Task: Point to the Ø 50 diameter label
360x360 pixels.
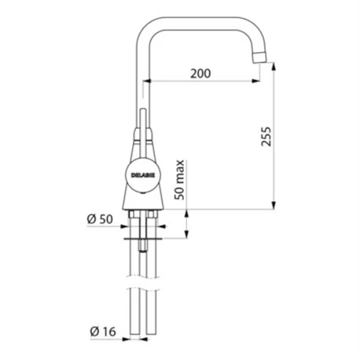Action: (100, 219)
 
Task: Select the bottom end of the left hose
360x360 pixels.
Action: (134, 340)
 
